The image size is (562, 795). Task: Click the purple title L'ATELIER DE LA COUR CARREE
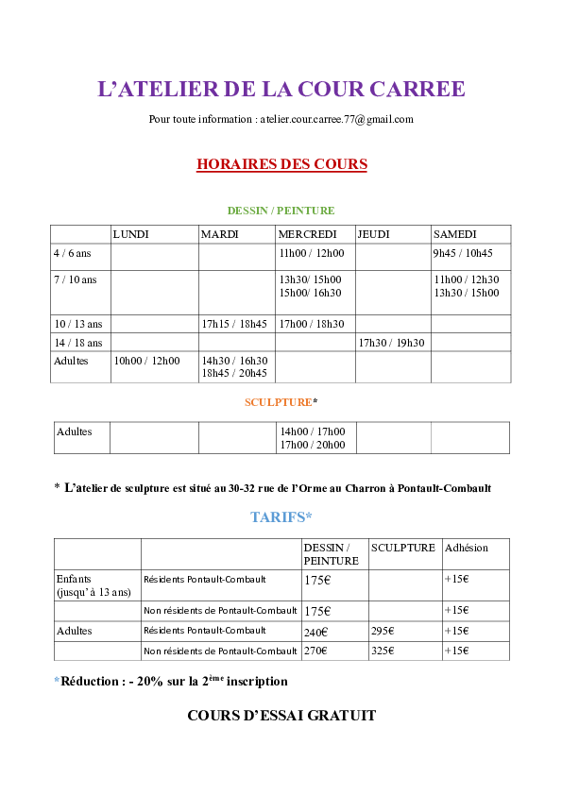(x=281, y=89)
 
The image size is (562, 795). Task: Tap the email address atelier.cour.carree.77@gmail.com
(x=337, y=119)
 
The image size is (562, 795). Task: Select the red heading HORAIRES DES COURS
(x=281, y=164)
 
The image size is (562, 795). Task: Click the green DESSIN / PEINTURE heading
(x=281, y=211)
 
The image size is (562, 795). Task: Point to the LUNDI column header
(x=131, y=234)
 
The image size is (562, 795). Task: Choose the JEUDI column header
(x=373, y=234)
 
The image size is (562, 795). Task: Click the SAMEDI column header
(x=454, y=234)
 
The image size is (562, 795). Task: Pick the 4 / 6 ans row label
(x=73, y=253)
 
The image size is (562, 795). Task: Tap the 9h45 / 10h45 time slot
(x=463, y=253)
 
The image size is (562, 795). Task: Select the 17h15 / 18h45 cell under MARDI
(x=234, y=324)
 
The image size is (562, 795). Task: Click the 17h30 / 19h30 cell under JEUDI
(x=392, y=343)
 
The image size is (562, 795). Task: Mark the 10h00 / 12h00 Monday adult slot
(x=146, y=361)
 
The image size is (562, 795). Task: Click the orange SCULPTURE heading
(x=279, y=402)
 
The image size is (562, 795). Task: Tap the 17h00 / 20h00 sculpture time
(x=313, y=445)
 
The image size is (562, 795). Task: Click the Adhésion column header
(x=467, y=548)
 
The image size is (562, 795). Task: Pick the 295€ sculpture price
(x=383, y=632)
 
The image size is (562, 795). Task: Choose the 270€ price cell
(x=315, y=651)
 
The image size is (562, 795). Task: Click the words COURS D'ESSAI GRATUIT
(x=281, y=716)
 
